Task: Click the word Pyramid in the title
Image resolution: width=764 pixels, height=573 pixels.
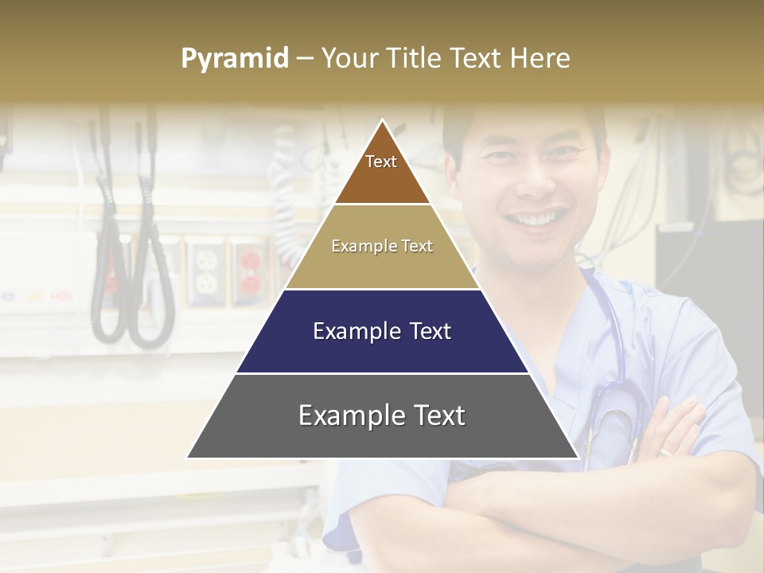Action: pos(234,59)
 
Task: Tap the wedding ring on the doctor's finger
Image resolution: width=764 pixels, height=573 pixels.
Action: pos(665,452)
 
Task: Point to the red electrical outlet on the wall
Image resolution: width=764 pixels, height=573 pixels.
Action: pos(250,271)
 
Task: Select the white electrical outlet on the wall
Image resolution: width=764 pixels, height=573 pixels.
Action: pos(205,271)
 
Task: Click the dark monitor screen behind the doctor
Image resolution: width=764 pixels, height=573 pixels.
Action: pos(708,271)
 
